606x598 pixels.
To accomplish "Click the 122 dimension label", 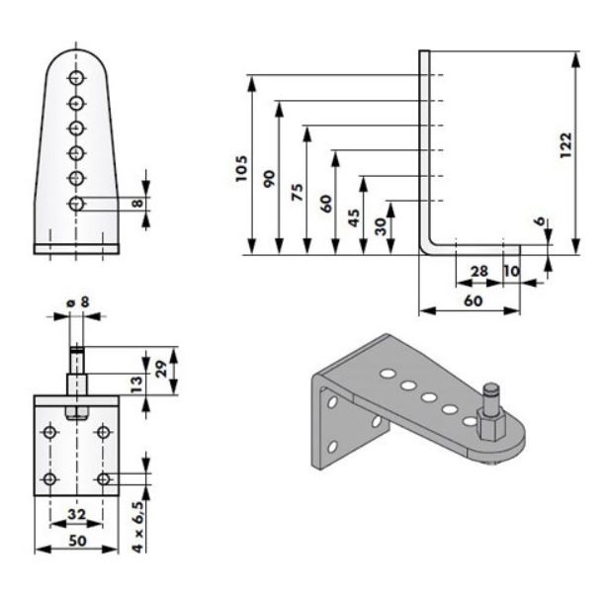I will coord(566,148).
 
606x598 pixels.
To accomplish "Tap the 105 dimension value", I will coord(242,167).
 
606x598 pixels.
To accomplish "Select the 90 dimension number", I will coord(269,179).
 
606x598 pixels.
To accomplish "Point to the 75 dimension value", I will coord(297,191).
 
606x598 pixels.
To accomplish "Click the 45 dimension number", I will coord(354,216).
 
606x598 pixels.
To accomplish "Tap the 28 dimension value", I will coord(477,271).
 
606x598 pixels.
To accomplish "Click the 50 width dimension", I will coord(75,541).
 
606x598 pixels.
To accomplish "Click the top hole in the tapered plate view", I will coord(76,79).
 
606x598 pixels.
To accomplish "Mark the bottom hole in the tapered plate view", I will coord(76,203).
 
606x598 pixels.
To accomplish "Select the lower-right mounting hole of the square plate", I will coord(103,479).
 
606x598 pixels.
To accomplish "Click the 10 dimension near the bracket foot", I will coord(511,271).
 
